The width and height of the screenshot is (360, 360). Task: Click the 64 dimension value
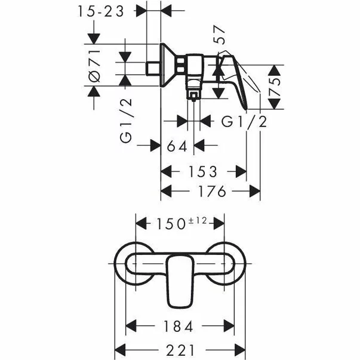[x=178, y=146]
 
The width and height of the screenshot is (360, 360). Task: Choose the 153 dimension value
[x=203, y=172]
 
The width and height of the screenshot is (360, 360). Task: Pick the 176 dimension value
[x=211, y=192]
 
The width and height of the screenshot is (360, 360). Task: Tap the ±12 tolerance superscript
[x=197, y=220]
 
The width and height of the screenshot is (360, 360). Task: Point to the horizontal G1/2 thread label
[x=244, y=122]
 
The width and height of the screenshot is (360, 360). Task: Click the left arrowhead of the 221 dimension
[x=118, y=349]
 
